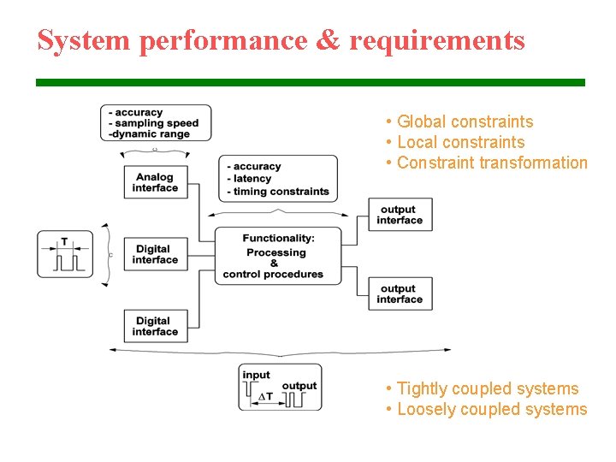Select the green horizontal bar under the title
click(310, 82)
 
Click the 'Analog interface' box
click(155, 182)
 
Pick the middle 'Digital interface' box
click(155, 254)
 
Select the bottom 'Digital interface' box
click(155, 326)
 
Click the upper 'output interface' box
click(400, 215)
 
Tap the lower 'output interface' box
click(400, 293)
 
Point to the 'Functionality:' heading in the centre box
click(278, 238)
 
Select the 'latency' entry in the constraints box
click(252, 179)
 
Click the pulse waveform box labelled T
click(65, 254)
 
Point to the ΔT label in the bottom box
click(266, 396)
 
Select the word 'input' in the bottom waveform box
click(256, 375)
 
